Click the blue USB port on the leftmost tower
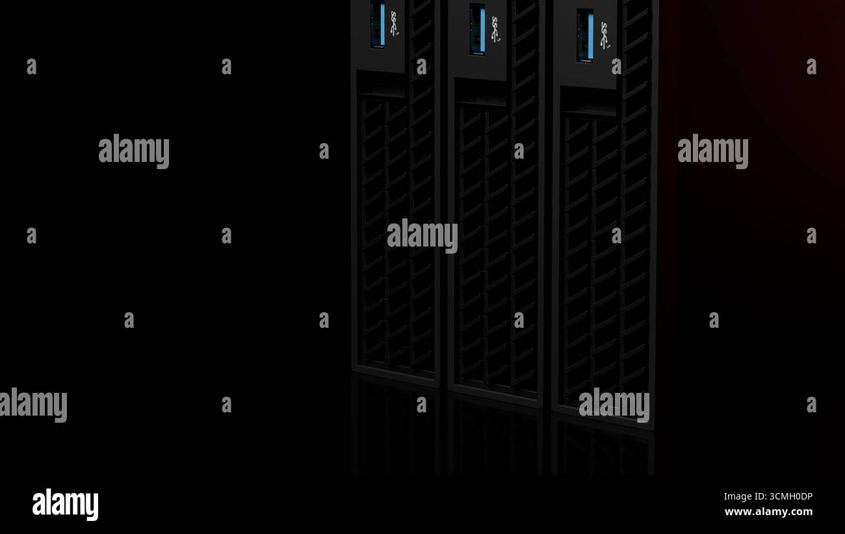click(x=378, y=25)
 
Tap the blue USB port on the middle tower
click(x=478, y=29)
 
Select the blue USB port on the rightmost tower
click(x=585, y=35)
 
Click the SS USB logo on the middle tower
click(x=495, y=29)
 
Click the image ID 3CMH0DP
click(x=768, y=496)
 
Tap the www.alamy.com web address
click(x=768, y=512)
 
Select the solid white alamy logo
click(x=65, y=504)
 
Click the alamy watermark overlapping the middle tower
click(x=422, y=235)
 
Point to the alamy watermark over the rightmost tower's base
click(x=614, y=405)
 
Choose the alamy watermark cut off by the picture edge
click(x=32, y=405)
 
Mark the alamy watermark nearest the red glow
click(x=712, y=151)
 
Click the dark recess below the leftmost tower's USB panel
click(x=380, y=85)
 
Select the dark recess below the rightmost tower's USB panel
click(x=588, y=101)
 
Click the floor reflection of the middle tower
click(x=495, y=439)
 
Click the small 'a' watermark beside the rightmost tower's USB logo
click(x=616, y=66)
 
